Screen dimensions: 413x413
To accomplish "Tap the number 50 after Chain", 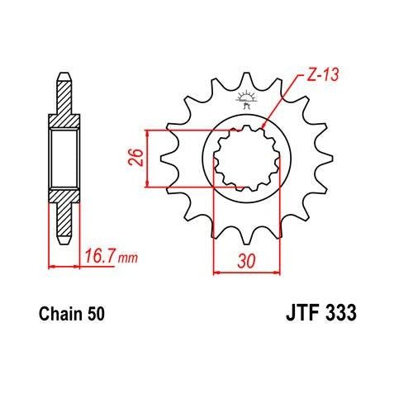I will pyautogui.click(x=95, y=315).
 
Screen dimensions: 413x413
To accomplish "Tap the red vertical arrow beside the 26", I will pyautogui.click(x=147, y=158).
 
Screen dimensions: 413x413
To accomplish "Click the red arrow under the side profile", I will pyautogui.click(x=67, y=267).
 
